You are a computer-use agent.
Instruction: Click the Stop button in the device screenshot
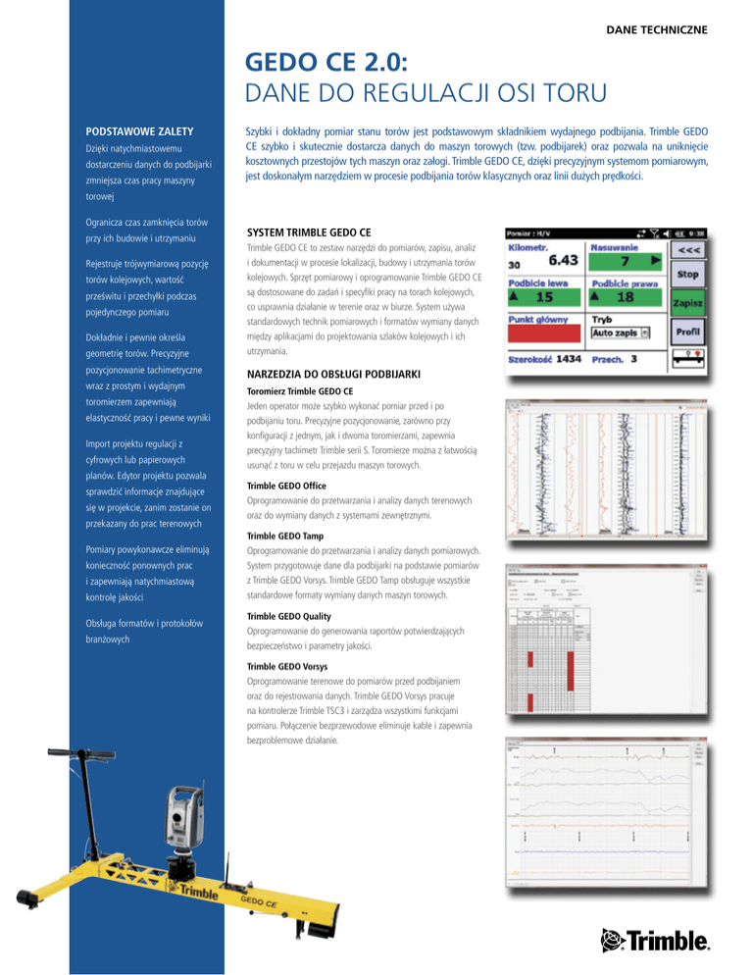(687, 276)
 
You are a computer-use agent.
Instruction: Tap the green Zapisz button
(687, 304)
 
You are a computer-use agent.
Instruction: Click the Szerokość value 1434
(569, 359)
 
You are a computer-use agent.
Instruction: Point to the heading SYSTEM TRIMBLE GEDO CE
(310, 233)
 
